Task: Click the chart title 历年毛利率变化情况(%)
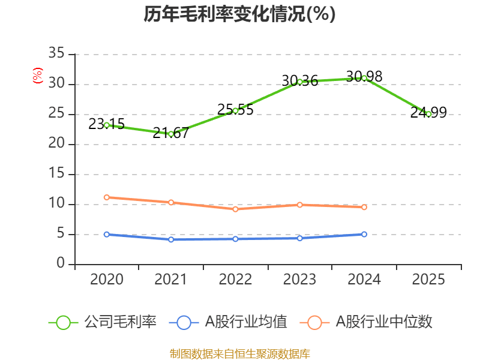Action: tap(239, 14)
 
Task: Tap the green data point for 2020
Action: tap(107, 125)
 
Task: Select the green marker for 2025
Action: tap(428, 114)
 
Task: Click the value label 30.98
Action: tap(364, 77)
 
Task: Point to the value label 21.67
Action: tap(170, 133)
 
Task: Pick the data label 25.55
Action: tap(235, 110)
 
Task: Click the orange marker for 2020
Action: tap(107, 197)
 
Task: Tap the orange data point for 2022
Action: tap(235, 209)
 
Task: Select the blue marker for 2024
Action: tap(364, 234)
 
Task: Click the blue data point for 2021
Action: tap(171, 239)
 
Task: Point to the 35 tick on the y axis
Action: tap(56, 54)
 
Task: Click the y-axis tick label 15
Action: tap(56, 174)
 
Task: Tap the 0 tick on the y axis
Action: tap(61, 264)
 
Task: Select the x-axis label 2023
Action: tap(299, 280)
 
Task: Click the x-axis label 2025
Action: tap(428, 280)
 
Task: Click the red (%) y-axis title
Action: tap(38, 76)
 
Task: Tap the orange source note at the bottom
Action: tap(239, 353)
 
